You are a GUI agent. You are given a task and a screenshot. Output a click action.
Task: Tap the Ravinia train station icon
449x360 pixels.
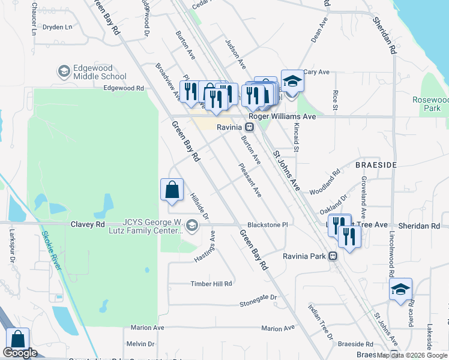coord(248,127)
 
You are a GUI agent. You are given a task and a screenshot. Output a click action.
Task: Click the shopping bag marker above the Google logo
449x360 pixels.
coord(17,339)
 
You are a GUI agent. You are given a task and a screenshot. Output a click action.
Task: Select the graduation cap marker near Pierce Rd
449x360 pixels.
coord(400,290)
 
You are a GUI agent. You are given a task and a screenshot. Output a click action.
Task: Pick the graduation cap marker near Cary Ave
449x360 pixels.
coord(292,81)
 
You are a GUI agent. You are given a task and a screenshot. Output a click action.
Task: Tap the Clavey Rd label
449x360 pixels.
coord(87,224)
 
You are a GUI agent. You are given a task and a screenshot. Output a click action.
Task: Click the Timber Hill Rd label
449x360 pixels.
coord(211,284)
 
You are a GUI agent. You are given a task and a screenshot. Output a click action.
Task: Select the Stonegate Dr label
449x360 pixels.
coord(258,297)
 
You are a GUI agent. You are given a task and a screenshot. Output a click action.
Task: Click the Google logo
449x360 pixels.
coord(20,353)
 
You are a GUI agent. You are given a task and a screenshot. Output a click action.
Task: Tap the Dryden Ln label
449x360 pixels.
coord(58,27)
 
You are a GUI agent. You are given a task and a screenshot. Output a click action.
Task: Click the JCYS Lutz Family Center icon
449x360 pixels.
coord(192,226)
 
